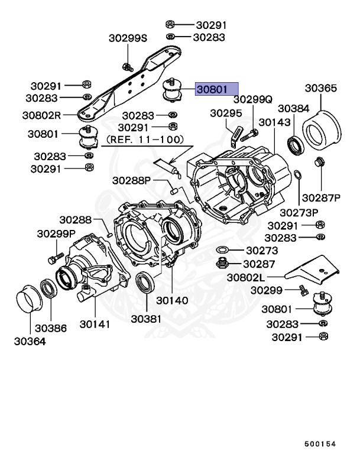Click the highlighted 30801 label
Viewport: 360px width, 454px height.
point(213,90)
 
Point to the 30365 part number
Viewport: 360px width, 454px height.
point(321,89)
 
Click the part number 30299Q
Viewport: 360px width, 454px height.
point(252,100)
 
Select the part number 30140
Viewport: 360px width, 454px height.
point(172,300)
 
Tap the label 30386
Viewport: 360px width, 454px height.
point(51,327)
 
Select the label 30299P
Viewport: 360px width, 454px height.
point(56,234)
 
